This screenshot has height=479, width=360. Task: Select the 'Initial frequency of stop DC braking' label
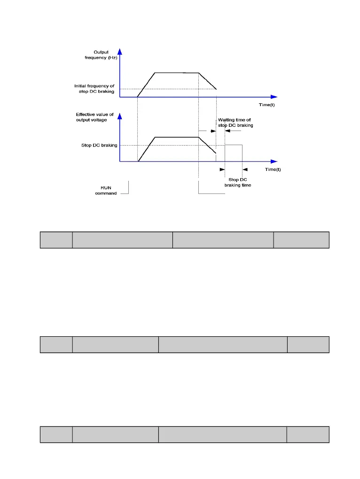pyautogui.click(x=94, y=88)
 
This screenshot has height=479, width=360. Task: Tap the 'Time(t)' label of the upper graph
pyautogui.click(x=266, y=105)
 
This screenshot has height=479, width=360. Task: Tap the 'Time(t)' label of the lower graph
pyautogui.click(x=273, y=169)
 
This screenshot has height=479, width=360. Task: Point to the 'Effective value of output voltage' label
pyautogui.click(x=95, y=117)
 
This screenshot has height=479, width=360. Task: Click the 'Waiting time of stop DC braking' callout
pyautogui.click(x=235, y=123)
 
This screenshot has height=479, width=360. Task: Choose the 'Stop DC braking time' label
pyautogui.click(x=237, y=182)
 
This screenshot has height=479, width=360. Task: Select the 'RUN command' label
pyautogui.click(x=105, y=190)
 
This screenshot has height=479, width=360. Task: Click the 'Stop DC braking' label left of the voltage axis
pyautogui.click(x=99, y=145)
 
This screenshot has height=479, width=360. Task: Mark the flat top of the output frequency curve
pyautogui.click(x=177, y=73)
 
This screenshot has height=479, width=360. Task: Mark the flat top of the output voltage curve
pyautogui.click(x=177, y=137)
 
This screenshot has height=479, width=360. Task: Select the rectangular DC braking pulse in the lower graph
pyautogui.click(x=234, y=153)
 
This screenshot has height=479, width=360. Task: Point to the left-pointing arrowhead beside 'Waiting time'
pyautogui.click(x=228, y=131)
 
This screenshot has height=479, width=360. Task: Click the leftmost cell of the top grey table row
pyautogui.click(x=56, y=239)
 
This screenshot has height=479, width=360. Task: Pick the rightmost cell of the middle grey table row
pyautogui.click(x=308, y=344)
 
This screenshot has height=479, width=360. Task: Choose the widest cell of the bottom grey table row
pyautogui.click(x=222, y=434)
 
